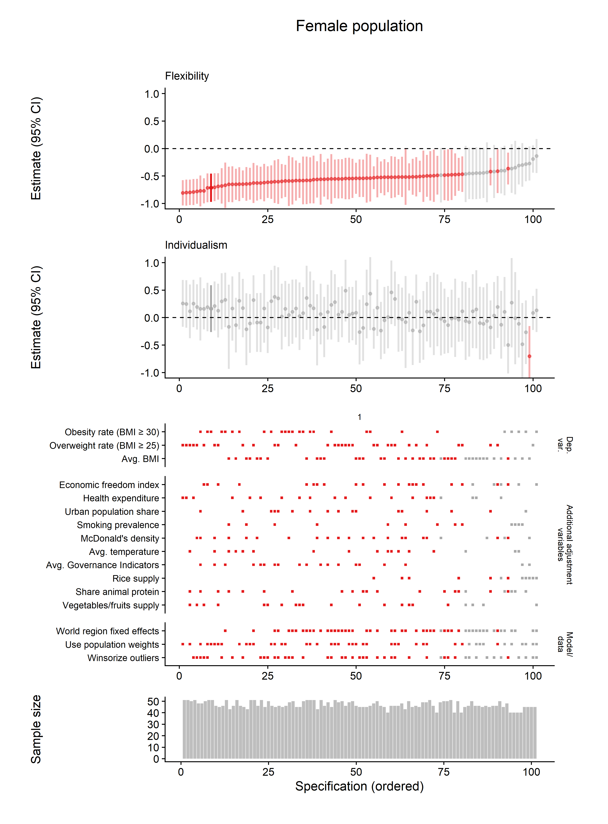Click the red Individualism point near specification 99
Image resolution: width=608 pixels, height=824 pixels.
[x=529, y=356]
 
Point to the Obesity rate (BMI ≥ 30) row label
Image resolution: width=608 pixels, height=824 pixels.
[x=112, y=432]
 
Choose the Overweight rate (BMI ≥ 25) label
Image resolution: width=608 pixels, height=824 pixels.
[x=104, y=446]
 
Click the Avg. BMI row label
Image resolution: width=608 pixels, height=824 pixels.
[x=140, y=459]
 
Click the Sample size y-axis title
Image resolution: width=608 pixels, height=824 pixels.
[x=36, y=729]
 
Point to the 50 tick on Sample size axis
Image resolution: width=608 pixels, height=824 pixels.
[x=153, y=702]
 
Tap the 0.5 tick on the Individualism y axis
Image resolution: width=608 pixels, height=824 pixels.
[x=152, y=290]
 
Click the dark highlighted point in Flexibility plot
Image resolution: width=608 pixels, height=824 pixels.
[x=211, y=187]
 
